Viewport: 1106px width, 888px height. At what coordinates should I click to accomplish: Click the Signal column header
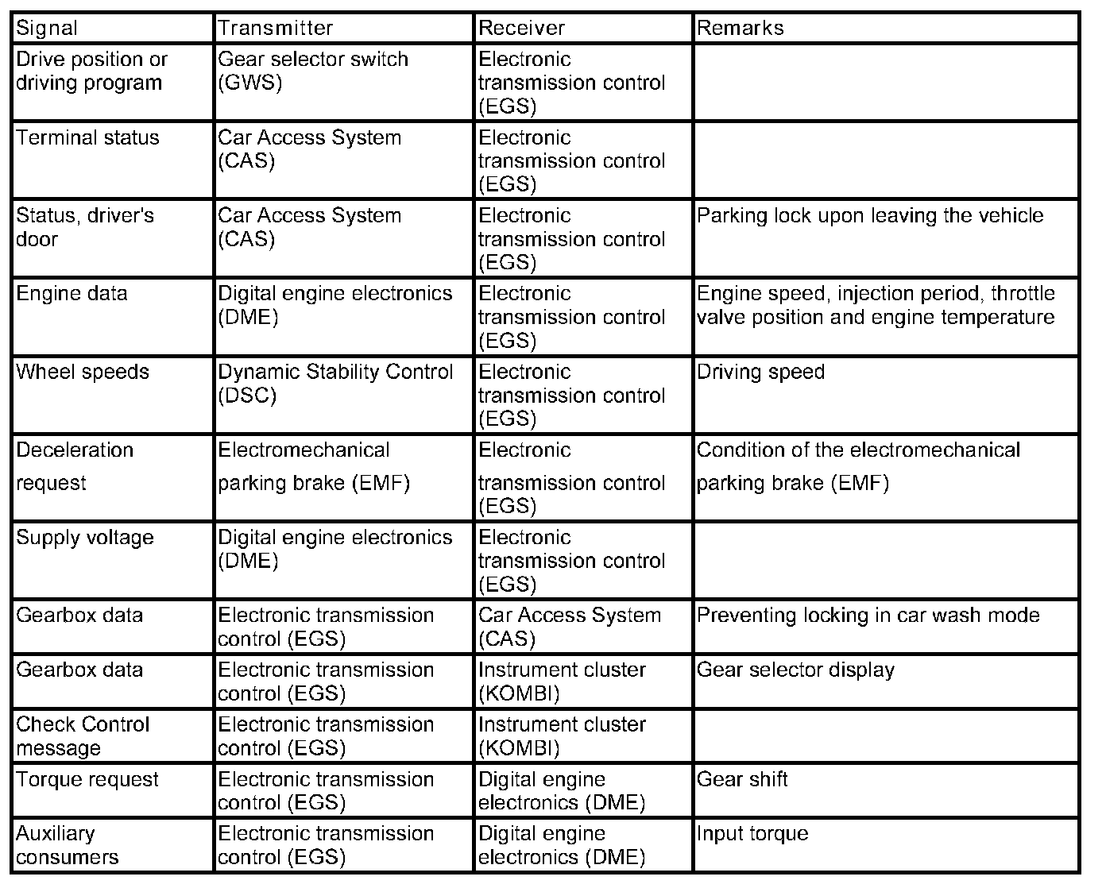(48, 29)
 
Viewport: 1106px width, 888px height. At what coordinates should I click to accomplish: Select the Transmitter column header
(275, 29)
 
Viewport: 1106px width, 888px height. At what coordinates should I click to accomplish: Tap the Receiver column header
(521, 29)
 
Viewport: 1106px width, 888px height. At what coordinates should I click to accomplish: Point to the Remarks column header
(740, 29)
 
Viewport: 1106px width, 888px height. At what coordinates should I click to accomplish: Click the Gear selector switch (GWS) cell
(312, 71)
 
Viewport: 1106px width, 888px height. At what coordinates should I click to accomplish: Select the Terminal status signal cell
(87, 138)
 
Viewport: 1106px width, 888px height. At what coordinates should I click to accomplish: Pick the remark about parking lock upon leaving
(869, 216)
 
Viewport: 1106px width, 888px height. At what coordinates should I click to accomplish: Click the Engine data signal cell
(72, 294)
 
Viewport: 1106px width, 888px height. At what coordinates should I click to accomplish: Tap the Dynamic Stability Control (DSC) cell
(335, 384)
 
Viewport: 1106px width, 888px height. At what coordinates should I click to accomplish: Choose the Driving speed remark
(760, 373)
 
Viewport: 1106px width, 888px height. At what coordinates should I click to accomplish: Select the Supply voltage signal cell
(84, 538)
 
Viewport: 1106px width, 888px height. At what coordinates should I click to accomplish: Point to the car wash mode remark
(868, 616)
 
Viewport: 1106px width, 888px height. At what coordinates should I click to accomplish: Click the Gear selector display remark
(795, 670)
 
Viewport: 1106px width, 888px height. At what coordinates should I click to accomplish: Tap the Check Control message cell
(82, 736)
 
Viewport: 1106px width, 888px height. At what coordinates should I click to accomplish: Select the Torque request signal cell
(87, 780)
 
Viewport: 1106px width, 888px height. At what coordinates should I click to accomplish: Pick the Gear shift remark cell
(742, 779)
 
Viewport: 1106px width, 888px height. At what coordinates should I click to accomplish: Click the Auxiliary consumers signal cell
(67, 845)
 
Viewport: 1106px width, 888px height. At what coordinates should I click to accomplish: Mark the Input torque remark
(752, 834)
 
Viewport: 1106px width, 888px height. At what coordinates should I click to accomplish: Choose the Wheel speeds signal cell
(82, 373)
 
